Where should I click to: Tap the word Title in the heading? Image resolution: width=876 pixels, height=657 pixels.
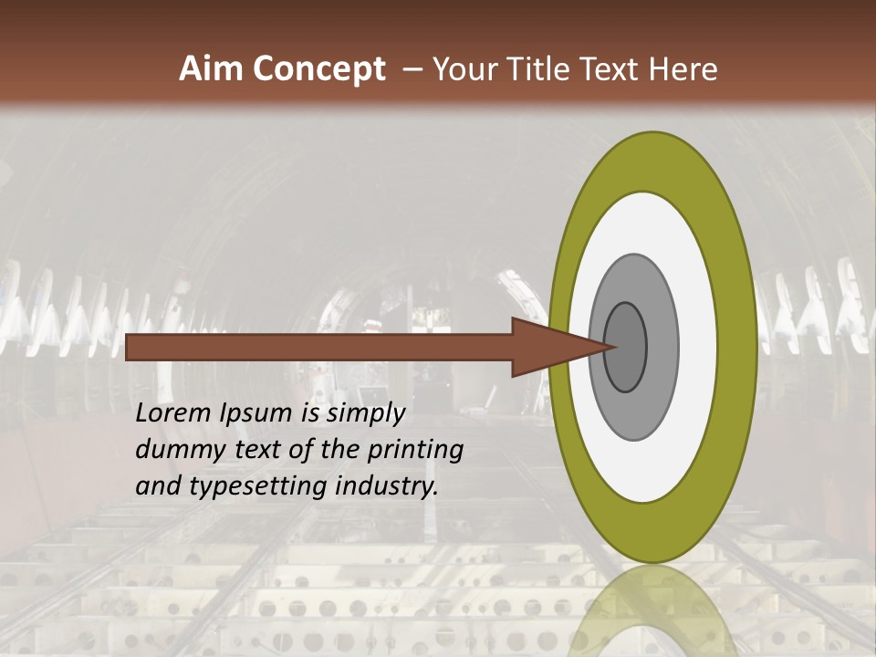(544, 69)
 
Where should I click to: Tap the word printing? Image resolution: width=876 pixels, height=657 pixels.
(414, 450)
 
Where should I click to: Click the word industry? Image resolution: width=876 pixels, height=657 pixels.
(387, 486)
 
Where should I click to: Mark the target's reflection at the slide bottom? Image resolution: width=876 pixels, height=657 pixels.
(652, 611)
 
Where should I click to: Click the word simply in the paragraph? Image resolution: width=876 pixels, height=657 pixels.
(365, 413)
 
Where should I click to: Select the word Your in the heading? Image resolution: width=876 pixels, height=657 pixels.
(464, 69)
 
